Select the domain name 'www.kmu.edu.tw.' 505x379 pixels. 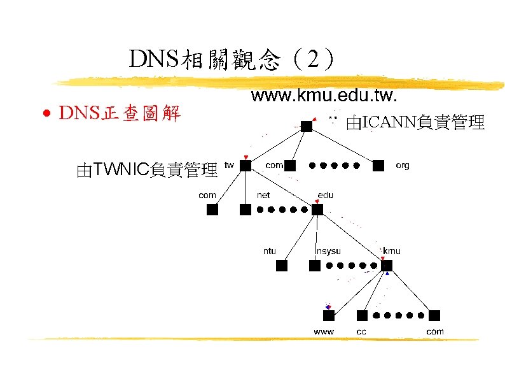324,97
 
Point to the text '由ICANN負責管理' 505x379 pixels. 415,122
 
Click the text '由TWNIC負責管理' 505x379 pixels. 146,169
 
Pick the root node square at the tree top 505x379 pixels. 307,126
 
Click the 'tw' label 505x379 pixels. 229,164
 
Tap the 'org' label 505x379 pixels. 402,165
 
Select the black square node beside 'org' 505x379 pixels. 378,166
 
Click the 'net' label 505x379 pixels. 263,194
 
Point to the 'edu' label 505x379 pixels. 325,194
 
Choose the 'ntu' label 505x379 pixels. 270,250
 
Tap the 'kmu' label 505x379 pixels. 391,250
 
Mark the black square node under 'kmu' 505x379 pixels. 387,266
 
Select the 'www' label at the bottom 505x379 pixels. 324,331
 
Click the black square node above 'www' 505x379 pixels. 328,316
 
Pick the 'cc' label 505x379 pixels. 361,331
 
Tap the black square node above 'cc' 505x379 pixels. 362,316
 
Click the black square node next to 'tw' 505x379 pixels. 246,166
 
